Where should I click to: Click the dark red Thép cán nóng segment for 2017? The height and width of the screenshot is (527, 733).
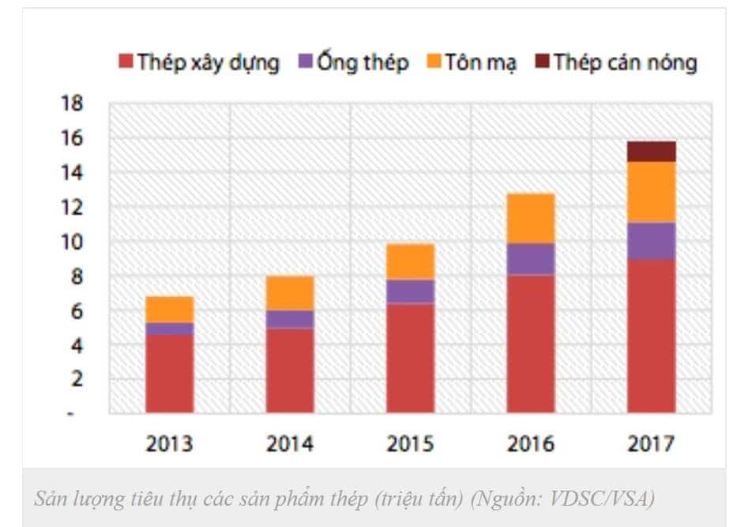click(x=651, y=152)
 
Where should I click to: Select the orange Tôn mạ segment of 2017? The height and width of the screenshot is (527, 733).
click(x=651, y=192)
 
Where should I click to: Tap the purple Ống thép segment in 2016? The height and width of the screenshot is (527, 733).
click(x=530, y=259)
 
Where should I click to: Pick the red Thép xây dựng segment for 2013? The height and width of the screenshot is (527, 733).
click(x=169, y=374)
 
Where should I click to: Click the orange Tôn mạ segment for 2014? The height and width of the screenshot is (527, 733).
click(x=289, y=293)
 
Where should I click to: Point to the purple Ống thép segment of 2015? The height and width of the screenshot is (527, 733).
click(x=410, y=292)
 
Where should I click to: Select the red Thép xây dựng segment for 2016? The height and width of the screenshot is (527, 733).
click(x=530, y=344)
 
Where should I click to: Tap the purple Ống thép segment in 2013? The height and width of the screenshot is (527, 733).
click(x=169, y=329)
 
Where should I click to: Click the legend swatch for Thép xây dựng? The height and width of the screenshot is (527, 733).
click(x=126, y=62)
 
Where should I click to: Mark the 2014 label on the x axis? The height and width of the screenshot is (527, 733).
click(x=289, y=444)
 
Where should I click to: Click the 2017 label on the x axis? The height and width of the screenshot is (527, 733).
click(x=651, y=444)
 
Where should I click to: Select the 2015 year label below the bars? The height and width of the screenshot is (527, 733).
click(x=410, y=444)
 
